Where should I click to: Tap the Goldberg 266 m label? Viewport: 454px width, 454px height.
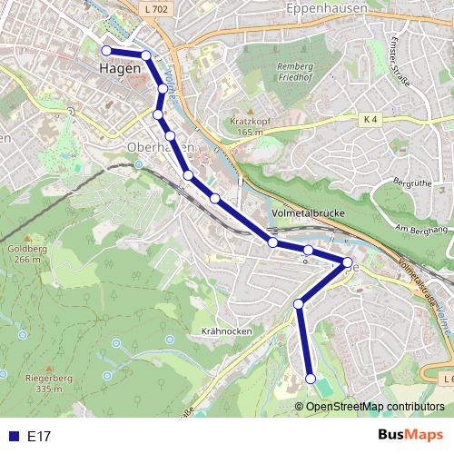(24, 253)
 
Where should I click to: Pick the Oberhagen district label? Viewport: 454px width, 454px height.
(160, 148)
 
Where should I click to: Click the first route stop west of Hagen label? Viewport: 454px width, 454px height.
(107, 51)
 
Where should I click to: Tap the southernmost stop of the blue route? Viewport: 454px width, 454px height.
(311, 379)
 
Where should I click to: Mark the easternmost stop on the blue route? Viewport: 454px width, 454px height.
(347, 262)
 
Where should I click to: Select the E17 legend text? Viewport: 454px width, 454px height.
(39, 437)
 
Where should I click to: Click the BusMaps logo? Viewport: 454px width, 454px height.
(410, 436)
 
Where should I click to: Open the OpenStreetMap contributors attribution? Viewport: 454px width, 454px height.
(375, 407)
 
